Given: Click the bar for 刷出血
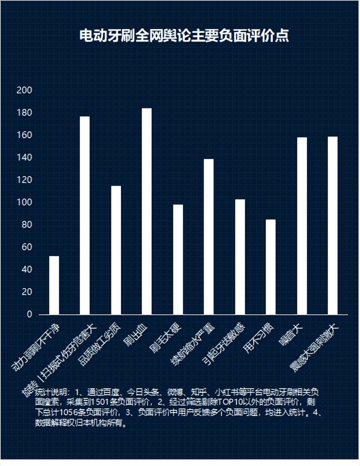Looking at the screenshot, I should (x=147, y=211).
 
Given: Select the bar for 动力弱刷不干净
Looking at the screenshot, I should (x=54, y=285).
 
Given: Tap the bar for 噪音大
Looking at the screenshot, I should (x=302, y=226).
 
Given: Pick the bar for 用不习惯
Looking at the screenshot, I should (x=271, y=267).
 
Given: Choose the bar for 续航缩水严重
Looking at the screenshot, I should (x=209, y=237).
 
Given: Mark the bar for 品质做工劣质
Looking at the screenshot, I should (x=116, y=250).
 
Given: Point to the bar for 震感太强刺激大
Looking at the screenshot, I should (x=333, y=226).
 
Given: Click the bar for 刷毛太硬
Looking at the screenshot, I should (x=178, y=260).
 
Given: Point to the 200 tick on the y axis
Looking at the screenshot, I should (x=25, y=90).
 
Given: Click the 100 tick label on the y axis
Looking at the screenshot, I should (x=25, y=202).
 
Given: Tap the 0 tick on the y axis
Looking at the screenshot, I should (x=30, y=314).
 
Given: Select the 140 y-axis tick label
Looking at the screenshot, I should (x=25, y=158).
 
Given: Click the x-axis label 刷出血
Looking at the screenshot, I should (x=136, y=336).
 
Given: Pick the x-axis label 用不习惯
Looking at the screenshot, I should (x=258, y=339).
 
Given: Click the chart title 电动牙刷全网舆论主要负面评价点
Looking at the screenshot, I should (x=184, y=36).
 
